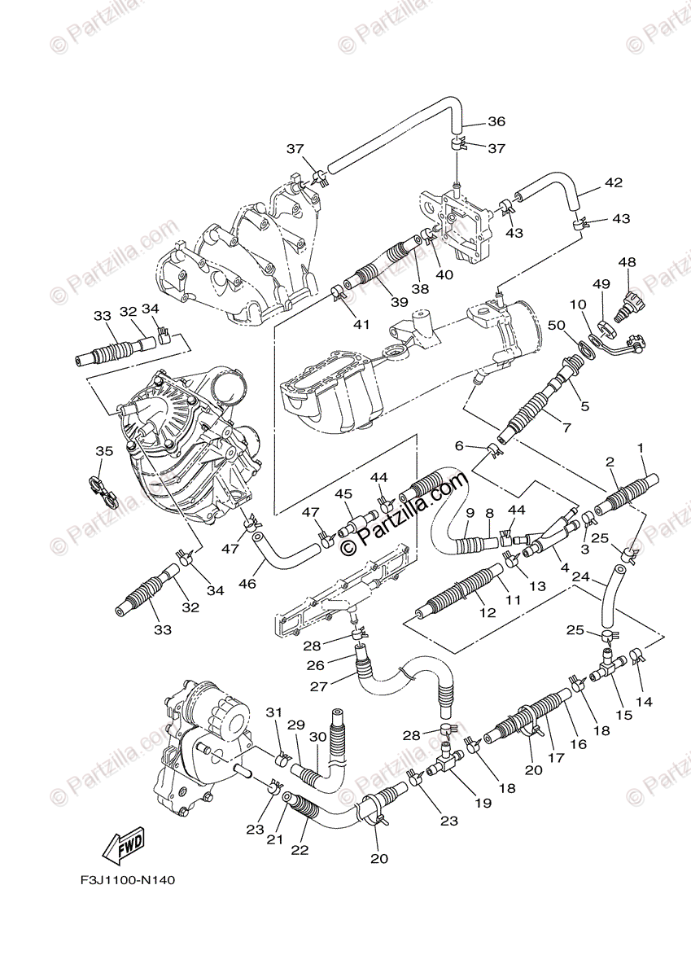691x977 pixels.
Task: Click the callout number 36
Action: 496,122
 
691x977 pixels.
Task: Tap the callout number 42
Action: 613,183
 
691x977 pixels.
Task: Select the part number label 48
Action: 627,262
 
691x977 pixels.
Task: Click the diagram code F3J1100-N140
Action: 127,880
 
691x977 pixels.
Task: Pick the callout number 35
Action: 103,451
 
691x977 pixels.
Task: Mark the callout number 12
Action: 488,613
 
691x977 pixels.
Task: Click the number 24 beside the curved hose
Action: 580,576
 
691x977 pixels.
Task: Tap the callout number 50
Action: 579,326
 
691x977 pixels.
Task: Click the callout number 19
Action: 483,803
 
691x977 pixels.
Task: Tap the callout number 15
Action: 624,715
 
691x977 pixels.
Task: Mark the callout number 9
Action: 470,513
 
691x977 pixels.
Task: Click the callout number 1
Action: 641,448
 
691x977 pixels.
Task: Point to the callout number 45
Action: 343,494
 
